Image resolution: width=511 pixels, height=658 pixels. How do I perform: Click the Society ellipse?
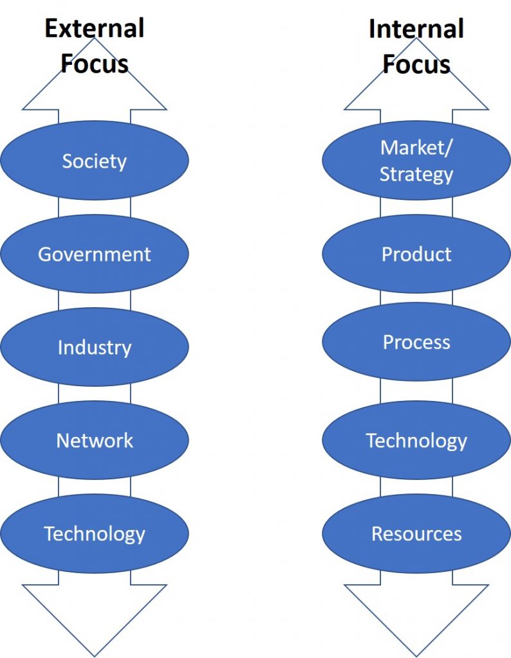95,160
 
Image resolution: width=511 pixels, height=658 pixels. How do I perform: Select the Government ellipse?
95,254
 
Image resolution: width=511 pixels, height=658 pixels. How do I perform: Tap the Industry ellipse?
95,347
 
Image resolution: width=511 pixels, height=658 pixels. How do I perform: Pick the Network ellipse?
95,440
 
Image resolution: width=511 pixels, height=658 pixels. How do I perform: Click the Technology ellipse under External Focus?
95,533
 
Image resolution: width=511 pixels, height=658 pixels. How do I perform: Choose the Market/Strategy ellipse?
416,160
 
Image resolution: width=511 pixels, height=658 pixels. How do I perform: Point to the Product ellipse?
416,254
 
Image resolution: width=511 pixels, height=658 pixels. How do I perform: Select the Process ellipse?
416,342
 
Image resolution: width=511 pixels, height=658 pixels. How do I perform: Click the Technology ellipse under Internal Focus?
416,440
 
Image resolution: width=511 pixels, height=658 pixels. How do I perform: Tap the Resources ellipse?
416,533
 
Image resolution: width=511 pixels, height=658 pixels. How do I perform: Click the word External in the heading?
95,28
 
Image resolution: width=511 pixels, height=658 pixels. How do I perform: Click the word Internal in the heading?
416,28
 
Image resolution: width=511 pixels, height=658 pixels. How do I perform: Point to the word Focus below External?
95,64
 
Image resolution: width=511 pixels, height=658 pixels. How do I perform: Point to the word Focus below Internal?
416,64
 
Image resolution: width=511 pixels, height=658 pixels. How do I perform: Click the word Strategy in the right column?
416,175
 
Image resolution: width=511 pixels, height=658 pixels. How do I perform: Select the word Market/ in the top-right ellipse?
416,148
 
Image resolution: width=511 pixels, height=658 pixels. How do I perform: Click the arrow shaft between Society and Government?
95,208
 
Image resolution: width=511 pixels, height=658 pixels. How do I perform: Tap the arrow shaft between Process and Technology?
416,391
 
